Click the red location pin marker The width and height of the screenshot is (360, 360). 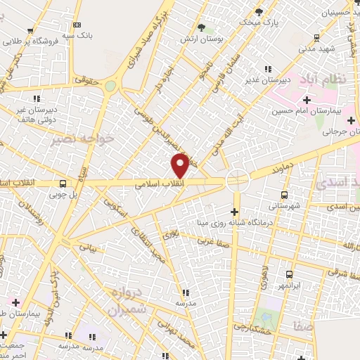point(181,165)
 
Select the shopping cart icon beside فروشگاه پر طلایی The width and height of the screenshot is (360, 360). point(30,31)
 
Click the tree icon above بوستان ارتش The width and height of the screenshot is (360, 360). point(202,27)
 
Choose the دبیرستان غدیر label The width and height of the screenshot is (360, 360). point(268,79)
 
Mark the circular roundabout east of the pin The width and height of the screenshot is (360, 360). point(237,180)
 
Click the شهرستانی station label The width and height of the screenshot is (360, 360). point(284,205)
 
